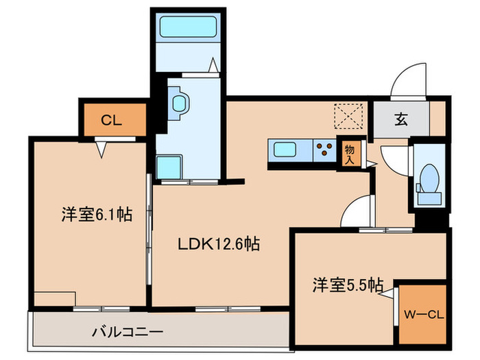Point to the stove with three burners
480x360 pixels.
325,149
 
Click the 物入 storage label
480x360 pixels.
350,153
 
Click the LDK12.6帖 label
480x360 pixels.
219,244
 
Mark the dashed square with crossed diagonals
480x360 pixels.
347,117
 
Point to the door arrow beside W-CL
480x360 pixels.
389,296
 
